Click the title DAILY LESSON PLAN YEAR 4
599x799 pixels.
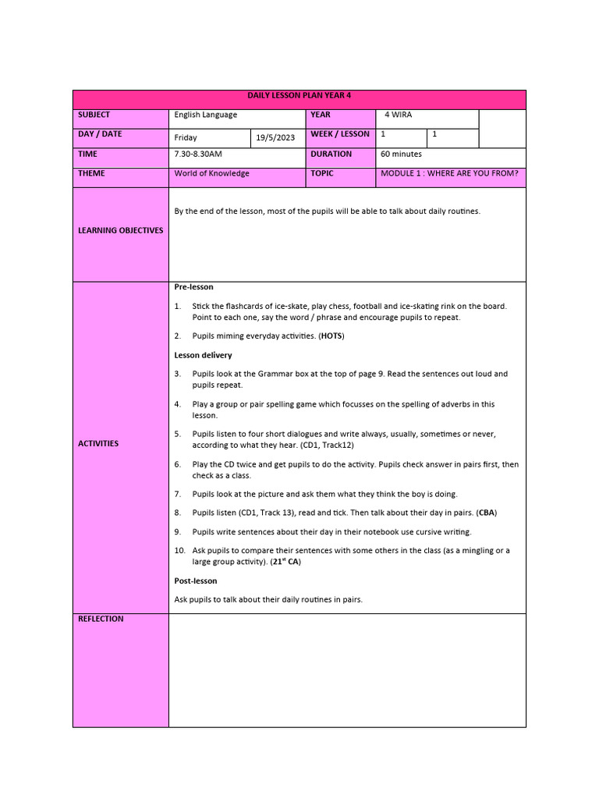pos(299,95)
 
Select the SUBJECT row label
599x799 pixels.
pos(94,115)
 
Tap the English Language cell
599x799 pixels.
pos(206,115)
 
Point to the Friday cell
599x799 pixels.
pos(186,137)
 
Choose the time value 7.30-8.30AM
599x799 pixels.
pos(198,154)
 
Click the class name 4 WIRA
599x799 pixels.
pos(399,115)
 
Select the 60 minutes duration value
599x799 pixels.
pos(401,154)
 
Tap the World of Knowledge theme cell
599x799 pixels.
pos(212,173)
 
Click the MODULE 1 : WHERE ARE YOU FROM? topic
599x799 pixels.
pos(449,173)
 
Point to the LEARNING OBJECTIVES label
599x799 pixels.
pos(121,230)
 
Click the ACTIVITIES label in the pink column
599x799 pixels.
pos(98,443)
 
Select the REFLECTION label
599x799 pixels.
pos(101,619)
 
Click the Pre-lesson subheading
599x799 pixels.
pos(193,287)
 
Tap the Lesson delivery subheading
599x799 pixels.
pos(203,355)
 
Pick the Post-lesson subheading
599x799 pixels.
pos(196,581)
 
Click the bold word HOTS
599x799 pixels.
pos(331,336)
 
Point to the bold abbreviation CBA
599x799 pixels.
pos(487,513)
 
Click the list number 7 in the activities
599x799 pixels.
pos(177,494)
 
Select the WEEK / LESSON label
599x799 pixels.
pos(340,134)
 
